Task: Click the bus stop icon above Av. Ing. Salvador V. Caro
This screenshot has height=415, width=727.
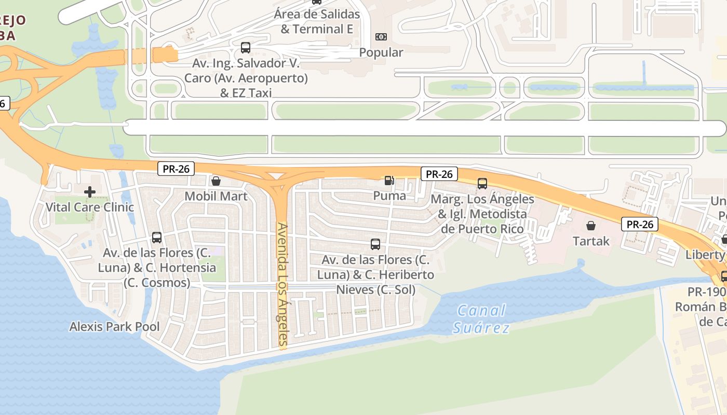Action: click(x=246, y=48)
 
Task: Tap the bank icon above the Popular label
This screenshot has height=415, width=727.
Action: click(x=381, y=37)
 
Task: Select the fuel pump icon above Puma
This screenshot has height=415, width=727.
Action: click(x=389, y=181)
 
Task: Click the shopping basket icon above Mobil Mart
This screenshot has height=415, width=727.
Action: click(x=216, y=181)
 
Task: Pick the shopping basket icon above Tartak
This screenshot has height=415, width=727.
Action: click(x=591, y=226)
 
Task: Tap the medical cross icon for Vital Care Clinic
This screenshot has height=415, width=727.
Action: click(x=90, y=192)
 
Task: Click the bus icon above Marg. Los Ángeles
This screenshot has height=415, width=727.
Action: click(x=482, y=183)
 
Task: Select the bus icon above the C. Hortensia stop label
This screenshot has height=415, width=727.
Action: click(x=157, y=238)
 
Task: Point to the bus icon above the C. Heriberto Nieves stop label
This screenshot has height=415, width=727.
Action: click(x=375, y=244)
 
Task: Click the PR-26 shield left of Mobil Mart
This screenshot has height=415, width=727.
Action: click(x=176, y=169)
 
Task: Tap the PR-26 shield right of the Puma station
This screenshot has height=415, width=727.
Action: click(x=439, y=174)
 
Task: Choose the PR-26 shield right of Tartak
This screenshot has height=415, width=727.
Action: click(x=640, y=225)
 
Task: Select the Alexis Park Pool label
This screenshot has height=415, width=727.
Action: click(x=115, y=327)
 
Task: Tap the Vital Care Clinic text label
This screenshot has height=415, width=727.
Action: click(x=90, y=207)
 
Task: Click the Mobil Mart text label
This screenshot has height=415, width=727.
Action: click(x=216, y=196)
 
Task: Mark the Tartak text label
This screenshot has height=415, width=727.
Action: click(x=591, y=241)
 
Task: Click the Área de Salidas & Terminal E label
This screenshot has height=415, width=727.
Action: click(x=317, y=22)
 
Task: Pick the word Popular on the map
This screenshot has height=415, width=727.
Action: click(x=381, y=52)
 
